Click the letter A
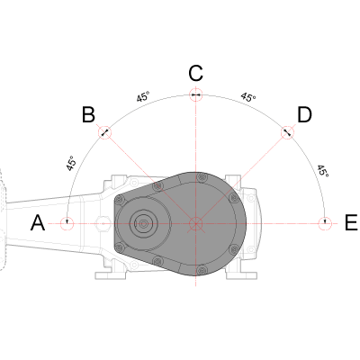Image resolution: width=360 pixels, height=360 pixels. tap(38, 223)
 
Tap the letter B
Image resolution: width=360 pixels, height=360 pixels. tap(88, 114)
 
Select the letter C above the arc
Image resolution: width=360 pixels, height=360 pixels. tap(196, 73)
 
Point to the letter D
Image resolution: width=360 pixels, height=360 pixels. tap(304, 115)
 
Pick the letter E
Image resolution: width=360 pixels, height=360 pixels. tap(351, 223)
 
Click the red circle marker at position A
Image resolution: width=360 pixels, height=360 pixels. tap(67, 223)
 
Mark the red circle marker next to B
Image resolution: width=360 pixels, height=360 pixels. tap(104, 132)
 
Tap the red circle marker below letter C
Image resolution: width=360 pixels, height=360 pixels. tap(196, 94)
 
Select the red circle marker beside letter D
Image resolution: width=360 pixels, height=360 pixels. tap(287, 132)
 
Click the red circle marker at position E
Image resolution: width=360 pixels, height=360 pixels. tap(325, 223)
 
